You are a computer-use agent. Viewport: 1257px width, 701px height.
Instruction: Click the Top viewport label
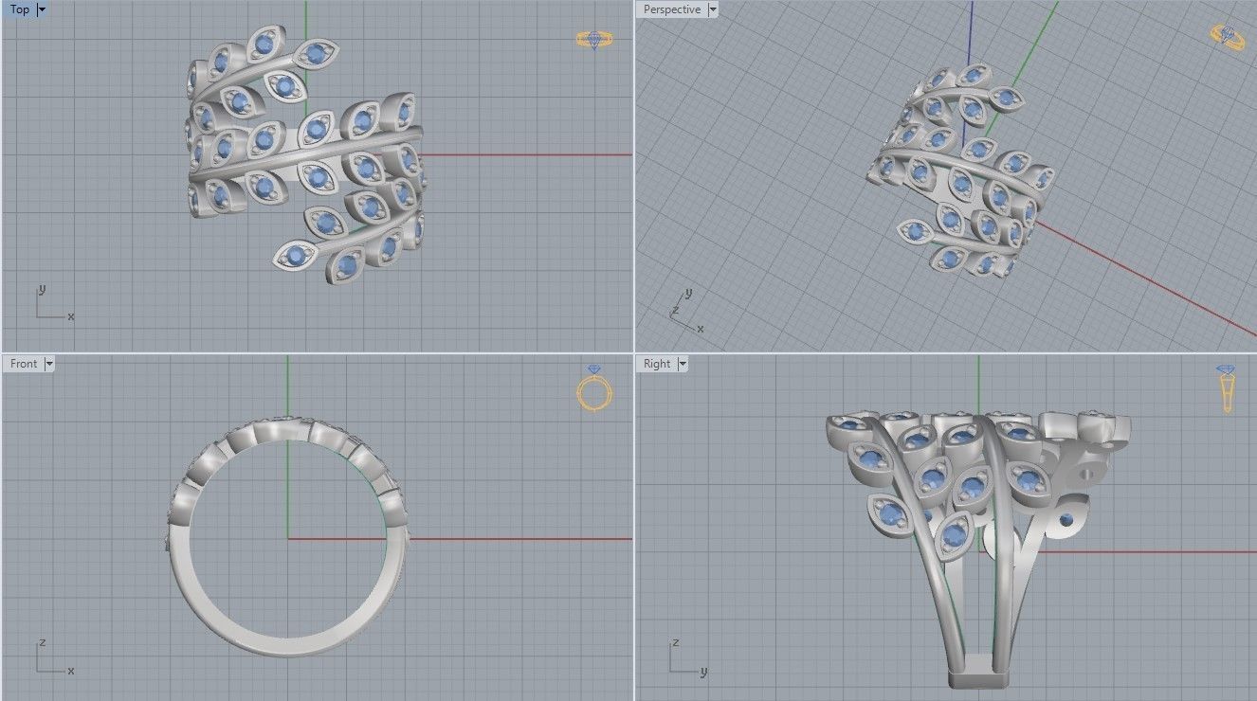(x=19, y=9)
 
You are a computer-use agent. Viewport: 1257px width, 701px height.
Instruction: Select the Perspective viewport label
(x=671, y=9)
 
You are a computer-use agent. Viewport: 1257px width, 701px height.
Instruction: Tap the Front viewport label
(x=24, y=364)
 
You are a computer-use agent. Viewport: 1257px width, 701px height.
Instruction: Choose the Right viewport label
(x=656, y=364)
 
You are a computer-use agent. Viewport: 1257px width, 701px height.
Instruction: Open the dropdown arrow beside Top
(x=41, y=9)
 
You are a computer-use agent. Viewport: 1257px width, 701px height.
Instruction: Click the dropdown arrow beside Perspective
(x=713, y=9)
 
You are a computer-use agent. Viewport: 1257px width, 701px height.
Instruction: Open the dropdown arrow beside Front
(x=49, y=364)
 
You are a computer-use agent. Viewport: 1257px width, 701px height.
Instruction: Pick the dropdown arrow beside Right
(x=683, y=364)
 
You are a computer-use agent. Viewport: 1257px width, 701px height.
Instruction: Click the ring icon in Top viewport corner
(x=594, y=39)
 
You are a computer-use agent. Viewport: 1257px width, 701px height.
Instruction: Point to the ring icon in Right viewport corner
(x=1227, y=388)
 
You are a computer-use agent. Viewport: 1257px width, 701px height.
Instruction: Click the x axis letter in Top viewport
(x=71, y=316)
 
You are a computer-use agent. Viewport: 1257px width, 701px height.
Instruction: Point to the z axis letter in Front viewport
(x=42, y=642)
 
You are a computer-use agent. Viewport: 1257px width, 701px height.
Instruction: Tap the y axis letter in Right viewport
(x=703, y=672)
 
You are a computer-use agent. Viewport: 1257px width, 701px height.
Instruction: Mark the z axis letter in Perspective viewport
(x=674, y=310)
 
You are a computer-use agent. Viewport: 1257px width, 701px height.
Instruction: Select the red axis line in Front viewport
(x=521, y=539)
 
